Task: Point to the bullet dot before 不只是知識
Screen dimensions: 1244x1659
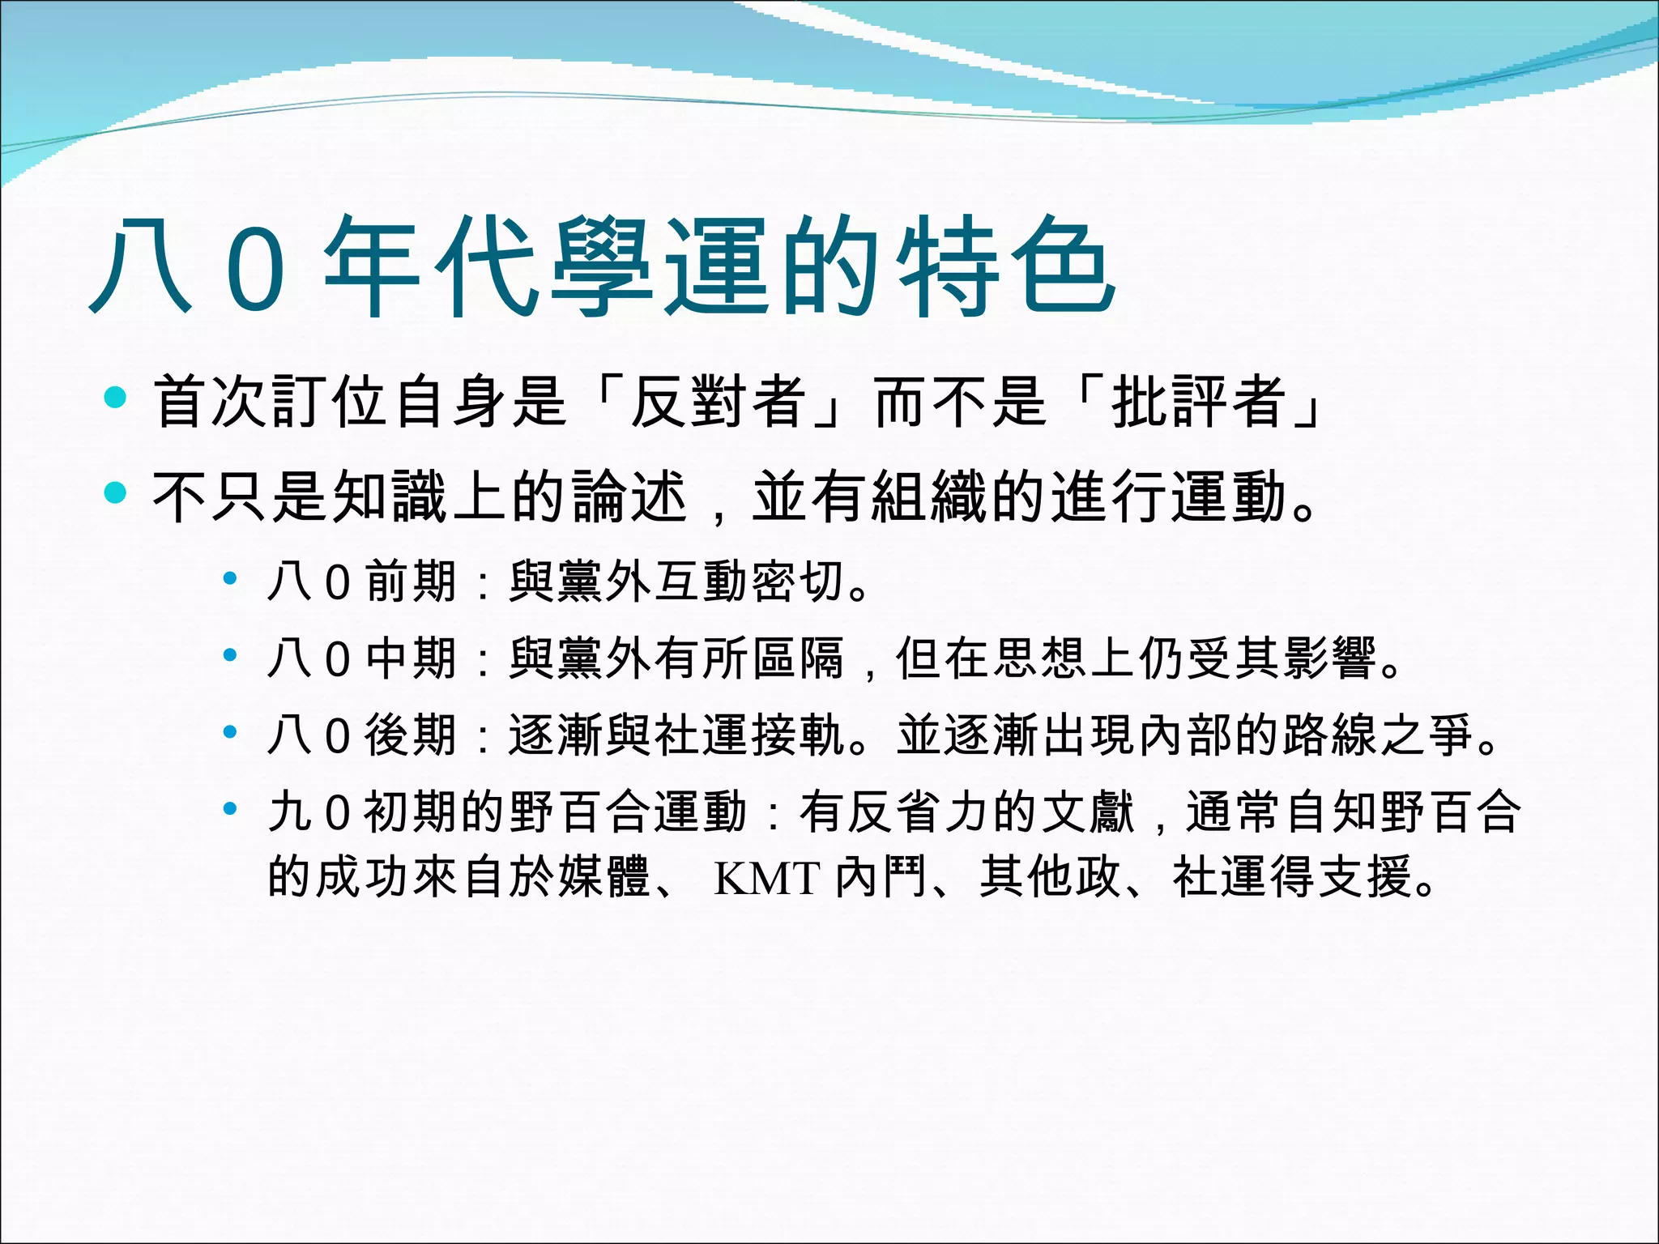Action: click(116, 492)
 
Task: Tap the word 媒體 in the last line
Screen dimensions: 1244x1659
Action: click(604, 877)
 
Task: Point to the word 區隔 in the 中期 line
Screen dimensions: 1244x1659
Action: click(799, 658)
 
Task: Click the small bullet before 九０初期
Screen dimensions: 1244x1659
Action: click(231, 808)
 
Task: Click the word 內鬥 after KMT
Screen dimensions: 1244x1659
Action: click(881, 877)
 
